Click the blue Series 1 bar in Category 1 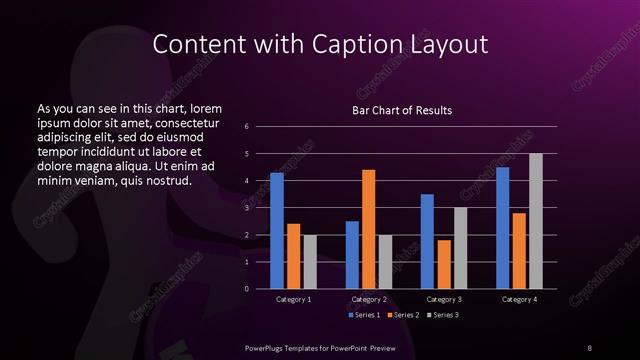277,231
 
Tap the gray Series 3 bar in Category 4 535,221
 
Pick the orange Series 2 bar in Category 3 443,264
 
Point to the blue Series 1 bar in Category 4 502,228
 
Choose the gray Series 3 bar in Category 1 310,262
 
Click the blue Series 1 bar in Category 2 352,255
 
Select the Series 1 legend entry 364,315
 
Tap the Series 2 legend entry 403,315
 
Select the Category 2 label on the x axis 368,299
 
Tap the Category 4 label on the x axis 519,299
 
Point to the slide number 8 589,346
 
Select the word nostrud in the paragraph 161,180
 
